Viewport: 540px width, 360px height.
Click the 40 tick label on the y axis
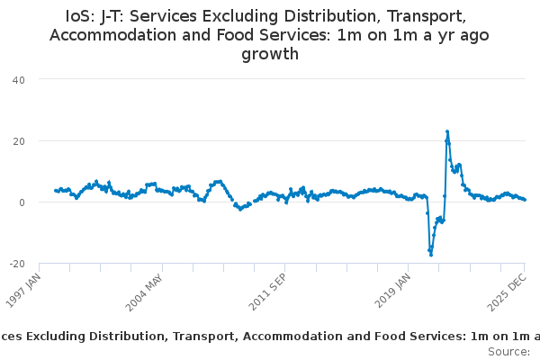18,79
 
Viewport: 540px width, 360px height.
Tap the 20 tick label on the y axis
18,140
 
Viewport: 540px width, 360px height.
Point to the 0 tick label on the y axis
21,202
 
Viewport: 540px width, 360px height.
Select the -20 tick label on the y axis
16,263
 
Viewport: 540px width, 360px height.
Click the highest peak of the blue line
447,131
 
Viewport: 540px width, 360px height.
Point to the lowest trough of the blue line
431,255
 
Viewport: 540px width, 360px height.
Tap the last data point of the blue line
525,200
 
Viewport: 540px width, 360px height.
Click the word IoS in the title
82,16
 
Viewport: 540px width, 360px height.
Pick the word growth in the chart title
270,54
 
